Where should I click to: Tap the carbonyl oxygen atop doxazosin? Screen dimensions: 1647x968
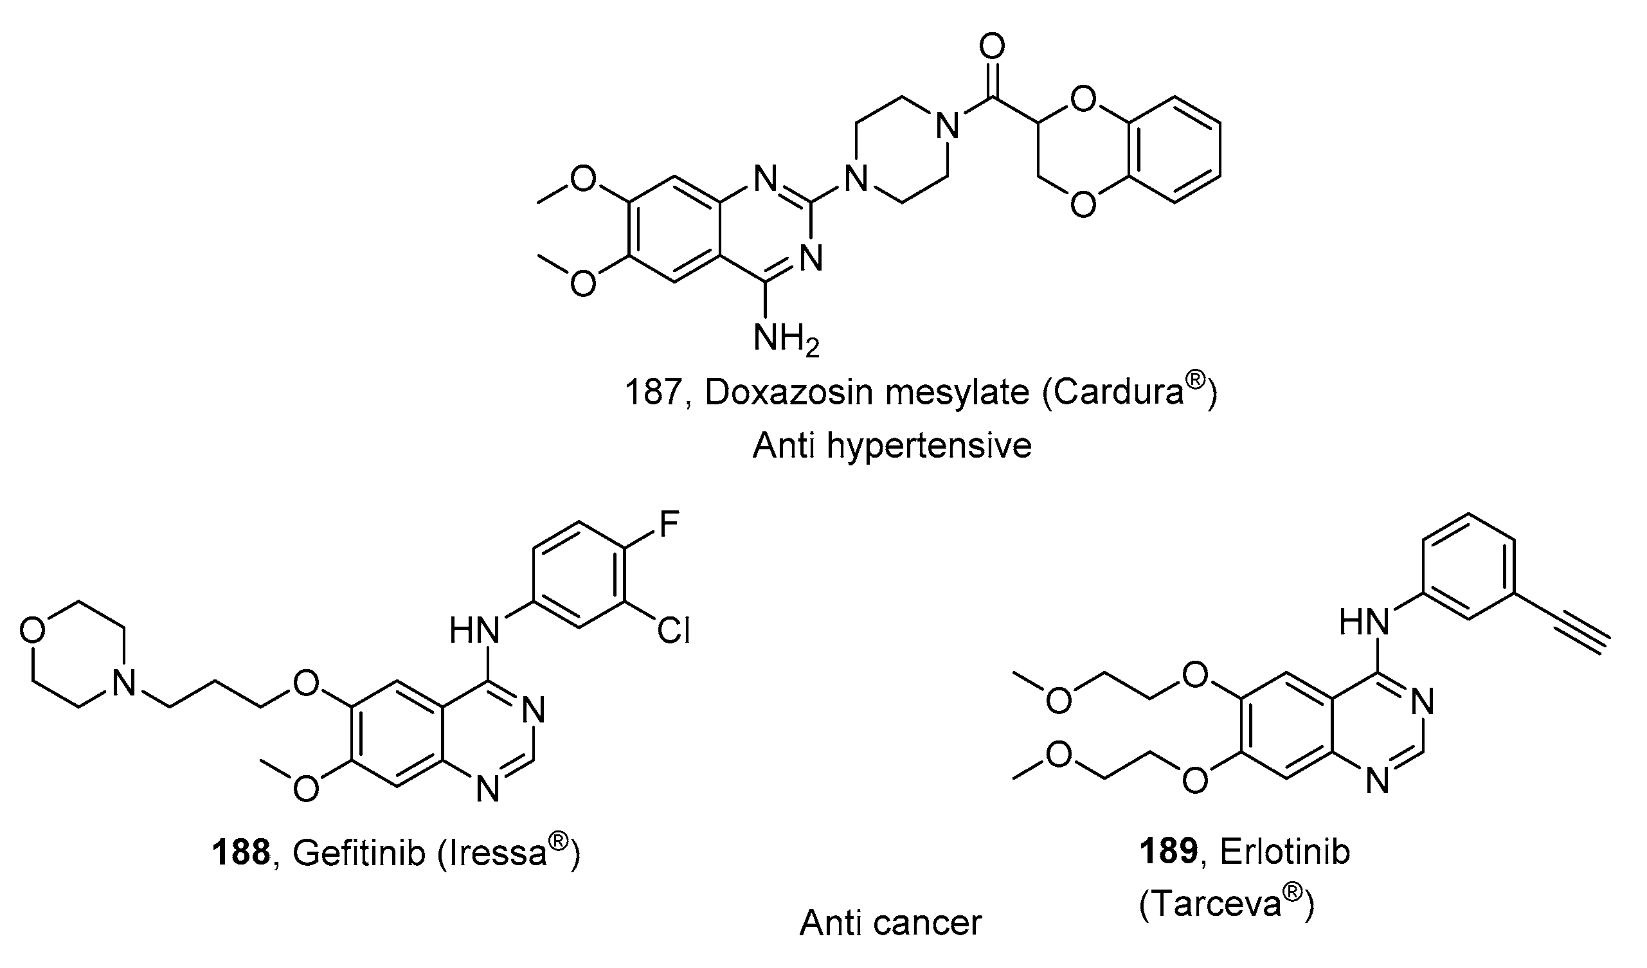992,46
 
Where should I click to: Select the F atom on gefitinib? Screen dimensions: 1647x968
669,524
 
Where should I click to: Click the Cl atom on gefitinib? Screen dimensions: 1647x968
673,631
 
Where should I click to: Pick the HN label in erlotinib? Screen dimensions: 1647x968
1363,621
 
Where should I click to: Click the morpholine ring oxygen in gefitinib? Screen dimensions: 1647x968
33,630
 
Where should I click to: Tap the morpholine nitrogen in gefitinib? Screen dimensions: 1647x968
123,684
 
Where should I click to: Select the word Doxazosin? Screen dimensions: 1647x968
798,392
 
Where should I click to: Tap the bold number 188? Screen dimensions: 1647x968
240,853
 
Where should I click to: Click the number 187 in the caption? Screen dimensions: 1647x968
654,392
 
